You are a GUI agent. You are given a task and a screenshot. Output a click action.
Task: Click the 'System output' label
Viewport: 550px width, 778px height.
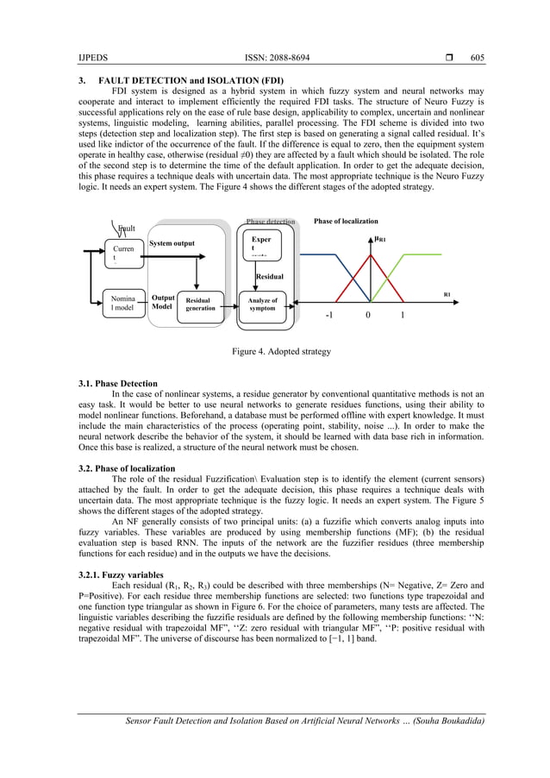click(x=172, y=243)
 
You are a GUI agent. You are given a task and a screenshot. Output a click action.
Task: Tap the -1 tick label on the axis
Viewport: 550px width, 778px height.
click(x=329, y=317)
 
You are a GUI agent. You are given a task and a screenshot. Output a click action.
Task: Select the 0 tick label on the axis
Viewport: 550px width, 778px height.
click(x=368, y=317)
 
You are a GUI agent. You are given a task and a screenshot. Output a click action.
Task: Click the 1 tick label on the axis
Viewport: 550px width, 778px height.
click(x=402, y=317)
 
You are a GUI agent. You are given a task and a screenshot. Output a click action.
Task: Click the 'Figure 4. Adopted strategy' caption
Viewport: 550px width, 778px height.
click(x=275, y=352)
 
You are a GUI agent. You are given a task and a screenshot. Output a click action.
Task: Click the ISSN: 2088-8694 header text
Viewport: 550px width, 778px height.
click(x=275, y=58)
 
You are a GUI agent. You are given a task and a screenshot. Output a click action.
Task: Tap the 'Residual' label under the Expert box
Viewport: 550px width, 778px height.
click(x=262, y=277)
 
